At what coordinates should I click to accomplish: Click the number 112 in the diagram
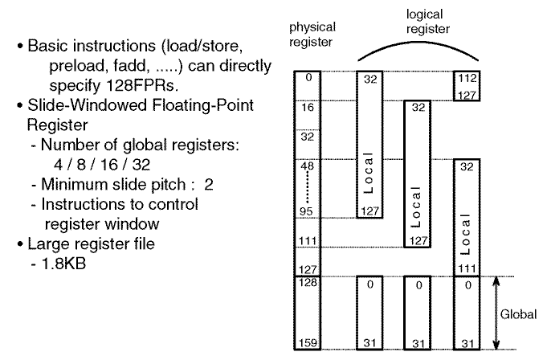tap(467, 80)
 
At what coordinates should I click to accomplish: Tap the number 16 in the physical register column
tap(307, 106)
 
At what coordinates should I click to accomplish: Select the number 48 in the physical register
tap(307, 166)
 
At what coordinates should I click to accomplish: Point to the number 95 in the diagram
tap(307, 212)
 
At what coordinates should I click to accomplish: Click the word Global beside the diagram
tap(518, 314)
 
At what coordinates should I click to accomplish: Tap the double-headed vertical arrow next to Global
tap(495, 313)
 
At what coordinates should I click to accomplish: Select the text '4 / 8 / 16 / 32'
tap(96, 165)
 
